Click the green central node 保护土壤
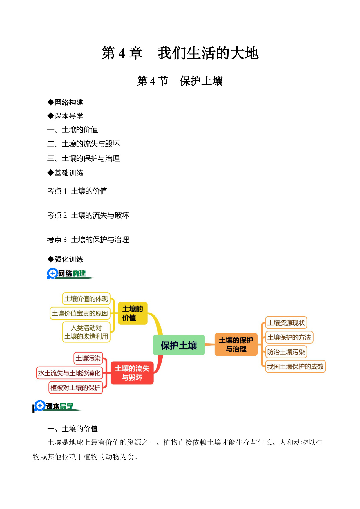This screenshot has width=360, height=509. pos(179,345)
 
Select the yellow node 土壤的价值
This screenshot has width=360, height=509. pos(133,313)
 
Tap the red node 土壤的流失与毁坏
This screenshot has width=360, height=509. pos(132,373)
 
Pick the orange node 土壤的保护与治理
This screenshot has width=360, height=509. pos(236,344)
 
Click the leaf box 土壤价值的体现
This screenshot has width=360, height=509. pos(86,299)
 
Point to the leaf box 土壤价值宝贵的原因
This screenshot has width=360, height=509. pos(80,313)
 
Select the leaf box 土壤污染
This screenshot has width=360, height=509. pos(88,358)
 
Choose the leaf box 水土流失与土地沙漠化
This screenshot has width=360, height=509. pos(69,373)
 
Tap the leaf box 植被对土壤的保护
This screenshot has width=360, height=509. pos(75,387)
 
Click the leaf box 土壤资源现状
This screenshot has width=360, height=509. pos(286,323)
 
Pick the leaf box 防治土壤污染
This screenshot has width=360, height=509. pos(286,352)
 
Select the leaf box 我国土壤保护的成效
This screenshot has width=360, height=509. pos(295,367)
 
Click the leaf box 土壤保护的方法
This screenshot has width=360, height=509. pos(289,337)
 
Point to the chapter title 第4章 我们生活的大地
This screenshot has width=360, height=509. pos(180,53)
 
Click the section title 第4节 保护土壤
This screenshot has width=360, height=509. pos(180,81)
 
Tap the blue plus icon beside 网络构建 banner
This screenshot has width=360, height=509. pos(53,273)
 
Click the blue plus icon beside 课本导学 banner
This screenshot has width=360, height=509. pos(40,406)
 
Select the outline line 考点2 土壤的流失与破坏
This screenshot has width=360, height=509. pos(88,215)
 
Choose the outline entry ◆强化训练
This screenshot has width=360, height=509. pos(65,259)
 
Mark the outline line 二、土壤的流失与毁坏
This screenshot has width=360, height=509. pos(83,144)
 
